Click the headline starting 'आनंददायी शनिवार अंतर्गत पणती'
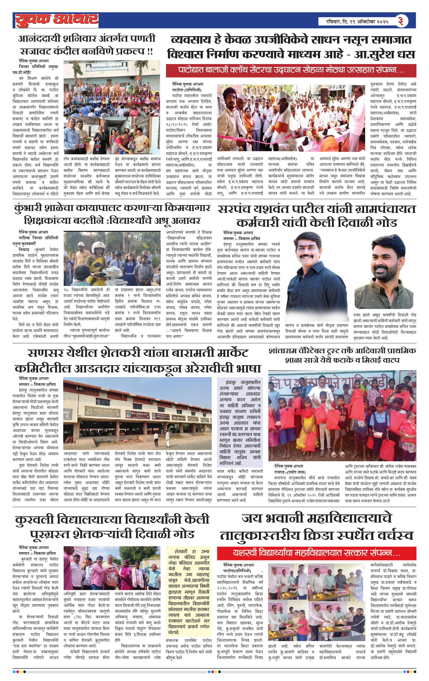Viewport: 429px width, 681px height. tap(87, 38)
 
